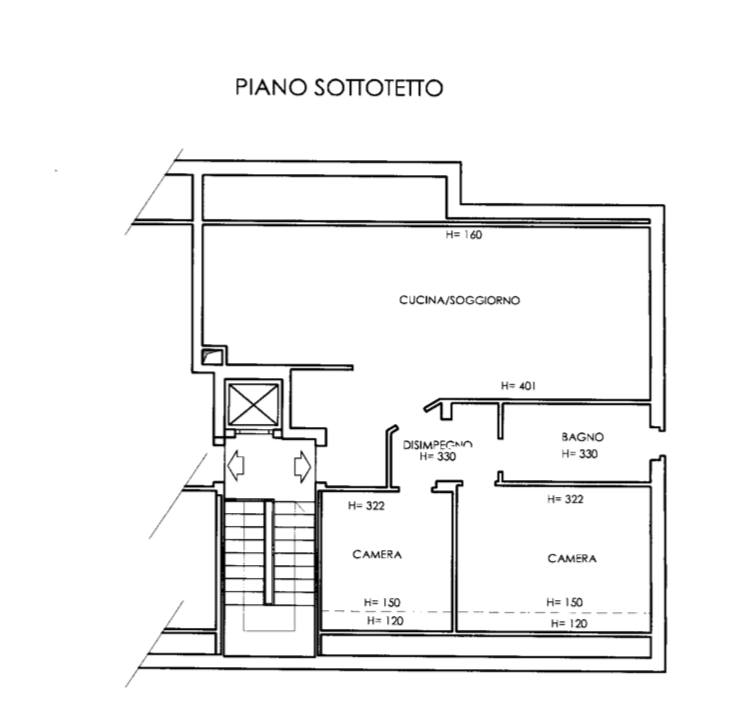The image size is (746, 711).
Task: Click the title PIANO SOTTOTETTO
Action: [339, 88]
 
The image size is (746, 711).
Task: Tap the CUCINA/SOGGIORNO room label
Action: [459, 300]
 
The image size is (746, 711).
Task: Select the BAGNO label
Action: [582, 437]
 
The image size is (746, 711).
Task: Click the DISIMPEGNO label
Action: [437, 445]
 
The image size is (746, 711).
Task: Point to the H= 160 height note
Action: [464, 235]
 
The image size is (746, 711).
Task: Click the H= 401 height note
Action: [518, 386]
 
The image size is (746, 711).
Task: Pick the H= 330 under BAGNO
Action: [579, 454]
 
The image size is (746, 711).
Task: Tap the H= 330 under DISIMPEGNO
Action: [438, 456]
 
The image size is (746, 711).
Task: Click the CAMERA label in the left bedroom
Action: [377, 554]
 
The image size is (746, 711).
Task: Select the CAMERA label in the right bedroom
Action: [572, 559]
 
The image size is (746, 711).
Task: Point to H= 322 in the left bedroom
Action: [366, 506]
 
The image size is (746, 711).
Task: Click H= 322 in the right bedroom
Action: [565, 499]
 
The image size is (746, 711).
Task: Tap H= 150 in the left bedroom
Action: [382, 602]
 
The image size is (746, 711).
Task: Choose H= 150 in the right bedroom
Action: [564, 602]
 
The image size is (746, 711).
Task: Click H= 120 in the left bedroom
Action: [385, 621]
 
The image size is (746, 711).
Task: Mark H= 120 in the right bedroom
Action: [569, 623]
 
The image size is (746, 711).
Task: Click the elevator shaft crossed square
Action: [254, 405]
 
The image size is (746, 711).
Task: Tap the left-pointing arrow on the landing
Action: [236, 465]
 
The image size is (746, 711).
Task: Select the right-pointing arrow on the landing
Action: [303, 466]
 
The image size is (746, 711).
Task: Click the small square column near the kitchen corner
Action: [212, 356]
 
